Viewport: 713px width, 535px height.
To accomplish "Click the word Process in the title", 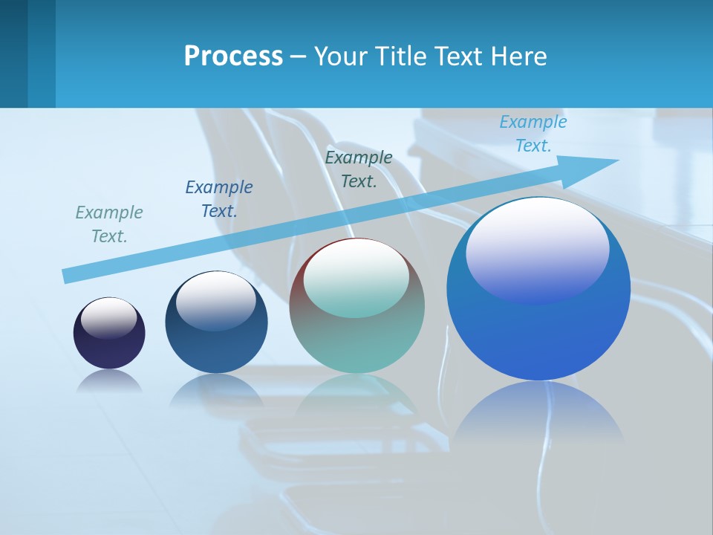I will coord(233,56).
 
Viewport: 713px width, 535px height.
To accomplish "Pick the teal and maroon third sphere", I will coord(356,342).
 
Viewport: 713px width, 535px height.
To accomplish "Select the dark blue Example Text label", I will coord(219,199).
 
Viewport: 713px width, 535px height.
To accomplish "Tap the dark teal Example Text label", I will coord(359,169).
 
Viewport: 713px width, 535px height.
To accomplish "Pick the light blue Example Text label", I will coord(533,134).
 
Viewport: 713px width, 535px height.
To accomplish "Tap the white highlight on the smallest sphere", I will coord(109,317).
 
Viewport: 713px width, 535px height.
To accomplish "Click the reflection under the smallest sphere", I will coord(109,380).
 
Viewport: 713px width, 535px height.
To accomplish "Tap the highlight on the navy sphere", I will coord(216,299).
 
